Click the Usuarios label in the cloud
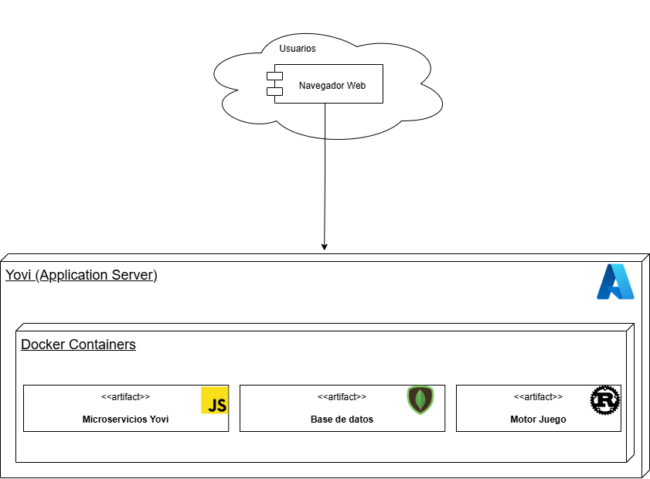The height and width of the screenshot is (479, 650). click(298, 49)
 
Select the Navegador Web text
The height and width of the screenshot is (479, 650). click(332, 86)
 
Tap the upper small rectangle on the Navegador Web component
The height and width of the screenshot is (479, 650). click(274, 76)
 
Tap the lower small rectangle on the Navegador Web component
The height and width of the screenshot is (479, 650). click(274, 92)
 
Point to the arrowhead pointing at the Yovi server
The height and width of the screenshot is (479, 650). click(325, 246)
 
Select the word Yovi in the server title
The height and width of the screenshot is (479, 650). click(19, 276)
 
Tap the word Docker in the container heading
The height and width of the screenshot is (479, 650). click(43, 345)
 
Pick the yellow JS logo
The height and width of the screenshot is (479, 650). click(215, 401)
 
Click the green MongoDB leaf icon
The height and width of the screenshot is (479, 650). click(420, 400)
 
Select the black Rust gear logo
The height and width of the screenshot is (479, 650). click(605, 399)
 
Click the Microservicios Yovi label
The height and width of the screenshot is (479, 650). click(125, 420)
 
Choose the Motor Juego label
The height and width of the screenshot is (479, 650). click(538, 420)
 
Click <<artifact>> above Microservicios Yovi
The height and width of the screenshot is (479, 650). click(125, 397)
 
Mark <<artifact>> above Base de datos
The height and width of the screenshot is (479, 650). click(342, 397)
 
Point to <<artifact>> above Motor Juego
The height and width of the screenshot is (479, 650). click(538, 397)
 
